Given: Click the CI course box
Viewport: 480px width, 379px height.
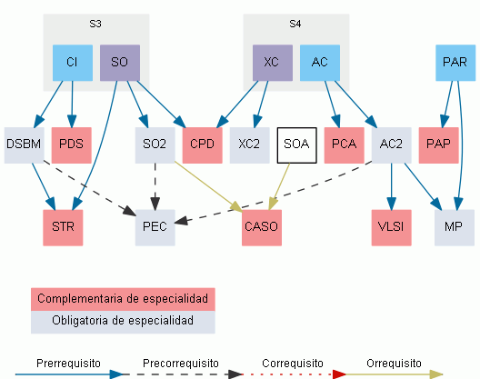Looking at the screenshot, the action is coord(73,63).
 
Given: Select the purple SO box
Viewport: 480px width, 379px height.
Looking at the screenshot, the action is coord(120,63).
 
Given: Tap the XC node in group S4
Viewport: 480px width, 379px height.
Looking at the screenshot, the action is coord(273,63).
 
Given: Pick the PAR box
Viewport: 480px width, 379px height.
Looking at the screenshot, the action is coord(455,63).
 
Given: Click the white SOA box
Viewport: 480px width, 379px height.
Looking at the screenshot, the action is coord(296,145).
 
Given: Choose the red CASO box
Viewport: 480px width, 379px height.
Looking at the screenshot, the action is coord(262,228).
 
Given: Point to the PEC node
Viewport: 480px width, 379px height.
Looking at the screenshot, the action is coord(155,228).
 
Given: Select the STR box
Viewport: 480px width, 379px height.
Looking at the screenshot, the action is coord(63,228).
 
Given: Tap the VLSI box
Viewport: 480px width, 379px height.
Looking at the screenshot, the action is coord(392,228).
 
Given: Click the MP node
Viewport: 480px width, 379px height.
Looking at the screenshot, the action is coord(455,228).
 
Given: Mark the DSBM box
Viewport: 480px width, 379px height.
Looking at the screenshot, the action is coord(25,145).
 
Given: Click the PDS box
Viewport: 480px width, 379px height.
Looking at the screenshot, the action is coord(71,145).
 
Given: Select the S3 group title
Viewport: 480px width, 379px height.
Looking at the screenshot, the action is coord(95,24).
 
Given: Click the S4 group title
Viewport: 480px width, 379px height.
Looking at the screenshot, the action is coord(295,24).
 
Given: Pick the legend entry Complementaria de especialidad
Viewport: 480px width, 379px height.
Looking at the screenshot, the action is coord(123,299).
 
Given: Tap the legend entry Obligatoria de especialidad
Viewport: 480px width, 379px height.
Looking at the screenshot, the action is coord(123,322).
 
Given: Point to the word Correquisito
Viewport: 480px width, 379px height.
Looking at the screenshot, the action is coord(293,364).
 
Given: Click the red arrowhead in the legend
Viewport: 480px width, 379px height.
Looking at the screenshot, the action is coord(339,374).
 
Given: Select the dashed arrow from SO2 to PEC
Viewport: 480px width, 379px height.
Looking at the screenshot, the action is coord(155,186).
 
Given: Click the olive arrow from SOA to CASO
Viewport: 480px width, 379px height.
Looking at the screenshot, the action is coord(279,186).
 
